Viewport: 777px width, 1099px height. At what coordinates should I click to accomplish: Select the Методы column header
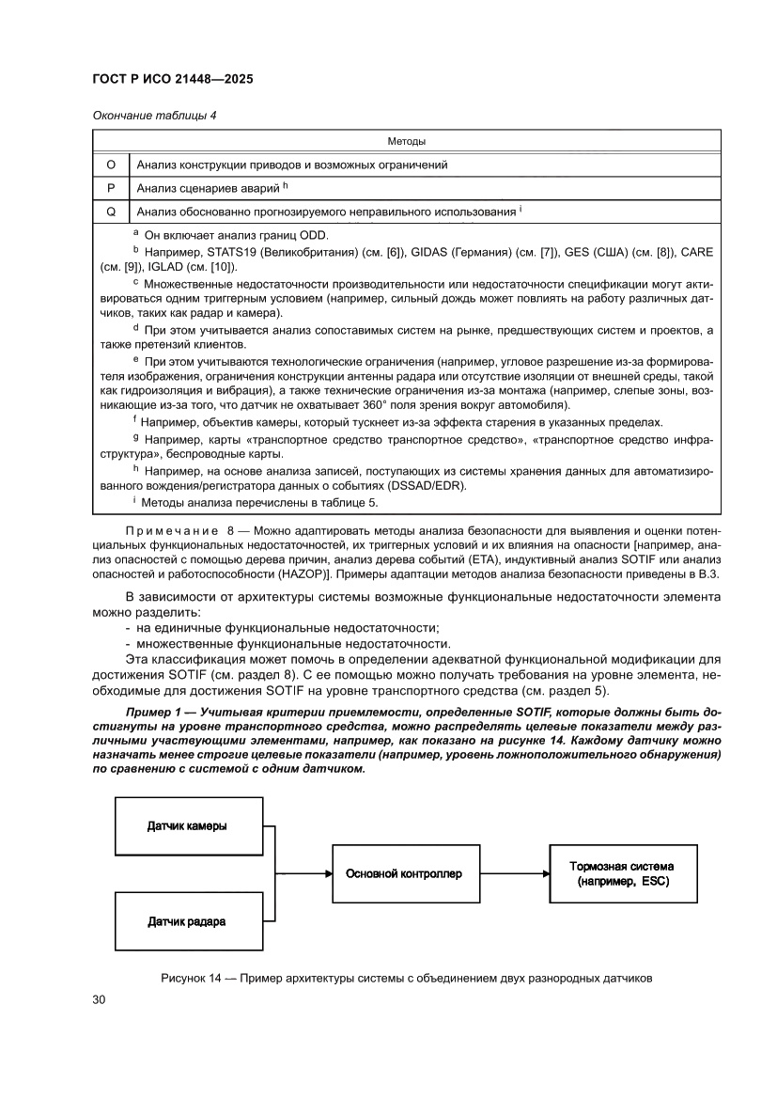click(406, 141)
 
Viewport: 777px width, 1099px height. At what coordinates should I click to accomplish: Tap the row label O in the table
click(110, 165)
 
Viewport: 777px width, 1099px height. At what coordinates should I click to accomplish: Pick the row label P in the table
click(110, 188)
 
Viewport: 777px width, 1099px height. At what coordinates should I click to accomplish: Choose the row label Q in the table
click(110, 212)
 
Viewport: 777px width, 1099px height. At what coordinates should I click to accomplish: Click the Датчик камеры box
click(187, 826)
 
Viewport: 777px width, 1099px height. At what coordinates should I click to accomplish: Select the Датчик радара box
click(187, 921)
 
